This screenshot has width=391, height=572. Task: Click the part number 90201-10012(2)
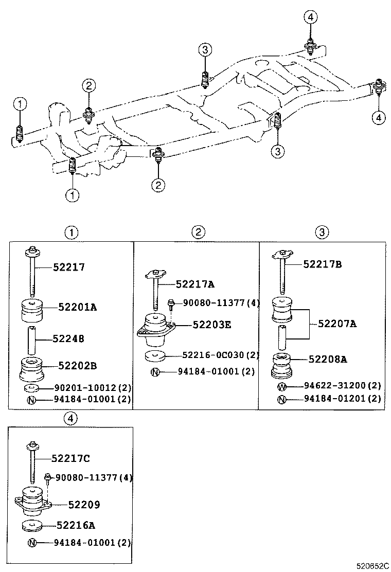click(x=91, y=388)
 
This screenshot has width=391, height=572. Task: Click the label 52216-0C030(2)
click(x=220, y=355)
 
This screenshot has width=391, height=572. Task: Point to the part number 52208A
click(x=328, y=360)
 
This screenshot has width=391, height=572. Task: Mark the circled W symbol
click(x=281, y=386)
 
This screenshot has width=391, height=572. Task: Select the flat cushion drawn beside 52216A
click(x=32, y=526)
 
